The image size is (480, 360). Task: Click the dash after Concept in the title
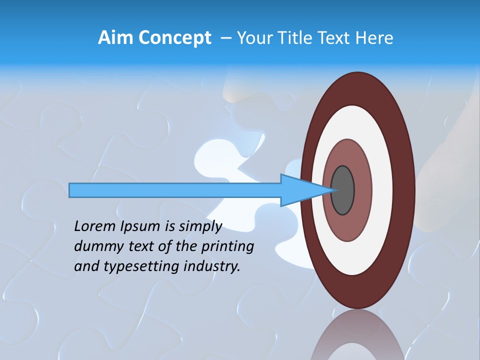[225, 38]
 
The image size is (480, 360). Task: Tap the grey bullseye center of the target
[343, 190]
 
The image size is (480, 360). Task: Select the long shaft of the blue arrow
[175, 190]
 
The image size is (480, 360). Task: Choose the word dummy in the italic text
[95, 247]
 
